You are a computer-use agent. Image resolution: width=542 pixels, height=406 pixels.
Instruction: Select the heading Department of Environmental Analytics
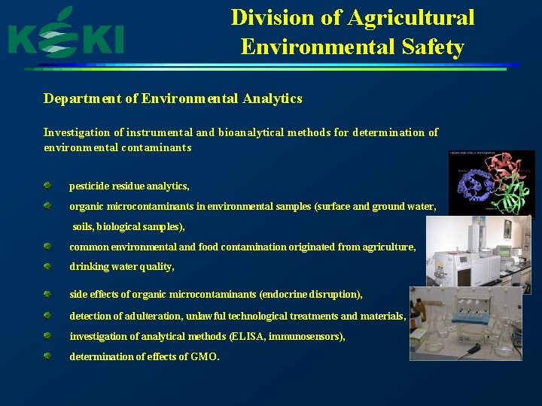point(172,98)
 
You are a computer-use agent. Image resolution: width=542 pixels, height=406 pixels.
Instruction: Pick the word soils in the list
point(84,226)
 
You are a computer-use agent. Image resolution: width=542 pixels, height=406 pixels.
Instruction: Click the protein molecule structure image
point(491,183)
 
